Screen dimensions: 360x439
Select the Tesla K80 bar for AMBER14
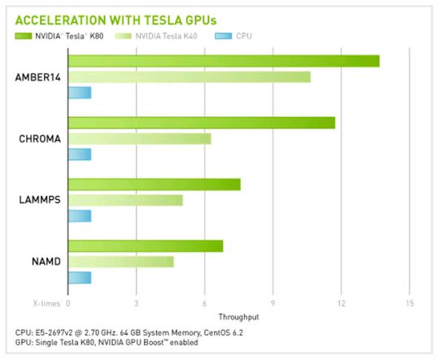pos(224,61)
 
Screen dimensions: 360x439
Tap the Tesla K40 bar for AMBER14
pos(189,76)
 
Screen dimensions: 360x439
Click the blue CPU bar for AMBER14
pos(79,93)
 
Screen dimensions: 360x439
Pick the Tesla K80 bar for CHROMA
pos(202,123)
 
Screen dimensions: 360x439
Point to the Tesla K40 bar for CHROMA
pos(139,138)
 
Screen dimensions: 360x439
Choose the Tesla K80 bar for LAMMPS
pos(154,184)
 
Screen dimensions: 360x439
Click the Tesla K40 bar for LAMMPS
pos(125,200)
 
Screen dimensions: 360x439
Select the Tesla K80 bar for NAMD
pos(145,245)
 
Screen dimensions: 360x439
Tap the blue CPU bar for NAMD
pos(79,277)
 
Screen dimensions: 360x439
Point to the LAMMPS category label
pos(38,200)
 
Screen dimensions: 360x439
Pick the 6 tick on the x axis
pos(204,302)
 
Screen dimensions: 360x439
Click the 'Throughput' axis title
pos(237,316)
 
